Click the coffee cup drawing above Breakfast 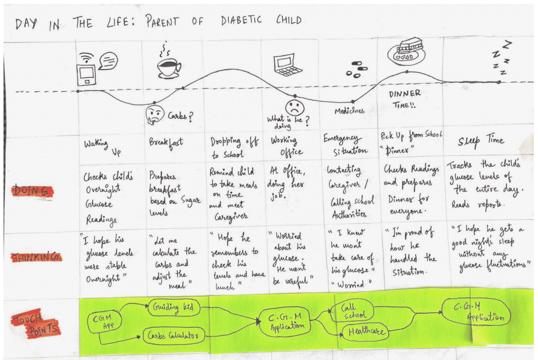pos(169,67)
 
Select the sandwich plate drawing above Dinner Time pos(406,52)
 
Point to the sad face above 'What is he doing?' pos(295,107)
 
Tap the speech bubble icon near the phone pos(108,61)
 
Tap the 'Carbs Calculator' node pos(173,335)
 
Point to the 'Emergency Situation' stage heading pos(345,144)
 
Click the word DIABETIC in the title pos(241,22)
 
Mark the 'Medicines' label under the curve pos(349,111)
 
